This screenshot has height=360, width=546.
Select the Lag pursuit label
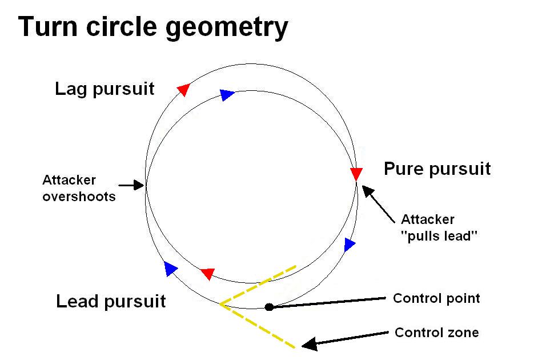tap(105, 89)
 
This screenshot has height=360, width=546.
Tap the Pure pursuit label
tap(437, 169)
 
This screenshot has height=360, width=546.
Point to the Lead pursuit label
tap(111, 301)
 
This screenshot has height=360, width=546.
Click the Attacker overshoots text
tap(79, 188)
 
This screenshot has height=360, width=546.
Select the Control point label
tap(436, 298)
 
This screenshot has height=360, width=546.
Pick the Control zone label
tap(437, 333)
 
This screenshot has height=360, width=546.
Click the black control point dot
tap(269, 307)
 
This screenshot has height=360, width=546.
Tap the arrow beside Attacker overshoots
tap(133, 185)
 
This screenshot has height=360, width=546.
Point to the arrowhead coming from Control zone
tap(309, 344)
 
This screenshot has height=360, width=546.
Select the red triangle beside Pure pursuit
tap(356, 174)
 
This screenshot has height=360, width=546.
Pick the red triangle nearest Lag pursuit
tap(183, 89)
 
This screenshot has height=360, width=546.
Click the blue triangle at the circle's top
tap(227, 94)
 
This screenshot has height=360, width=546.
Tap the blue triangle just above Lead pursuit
tap(170, 268)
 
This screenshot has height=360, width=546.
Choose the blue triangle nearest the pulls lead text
tap(350, 245)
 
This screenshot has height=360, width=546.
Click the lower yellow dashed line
tap(260, 326)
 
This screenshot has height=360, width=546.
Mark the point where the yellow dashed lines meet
tap(220, 304)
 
